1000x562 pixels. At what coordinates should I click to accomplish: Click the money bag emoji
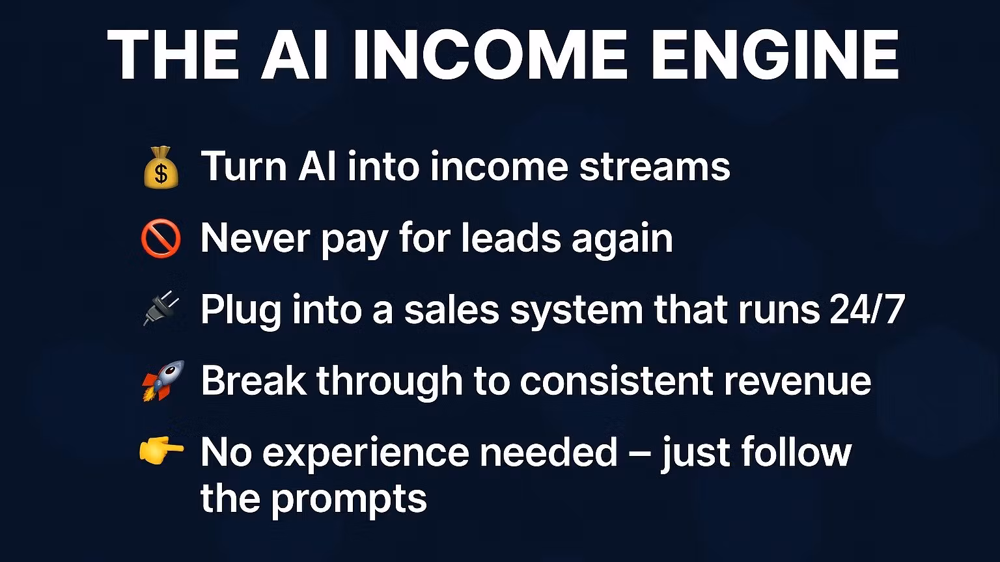pyautogui.click(x=161, y=167)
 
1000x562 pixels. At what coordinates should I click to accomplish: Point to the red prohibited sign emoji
pyautogui.click(x=161, y=238)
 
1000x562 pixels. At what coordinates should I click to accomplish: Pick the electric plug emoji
pyautogui.click(x=161, y=308)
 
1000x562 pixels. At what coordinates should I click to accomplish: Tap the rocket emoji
pyautogui.click(x=163, y=381)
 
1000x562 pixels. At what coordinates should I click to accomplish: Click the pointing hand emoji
pyautogui.click(x=161, y=451)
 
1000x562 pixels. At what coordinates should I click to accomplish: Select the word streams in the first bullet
pyautogui.click(x=654, y=167)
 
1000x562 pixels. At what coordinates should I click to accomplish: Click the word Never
pyautogui.click(x=255, y=237)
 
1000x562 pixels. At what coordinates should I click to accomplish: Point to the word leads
pyautogui.click(x=510, y=237)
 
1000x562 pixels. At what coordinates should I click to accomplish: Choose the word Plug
pyautogui.click(x=241, y=311)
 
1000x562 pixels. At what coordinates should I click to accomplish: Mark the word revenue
pyautogui.click(x=798, y=381)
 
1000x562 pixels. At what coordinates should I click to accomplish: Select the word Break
pyautogui.click(x=253, y=381)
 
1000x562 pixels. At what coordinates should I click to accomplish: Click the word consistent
pyautogui.click(x=617, y=381)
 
